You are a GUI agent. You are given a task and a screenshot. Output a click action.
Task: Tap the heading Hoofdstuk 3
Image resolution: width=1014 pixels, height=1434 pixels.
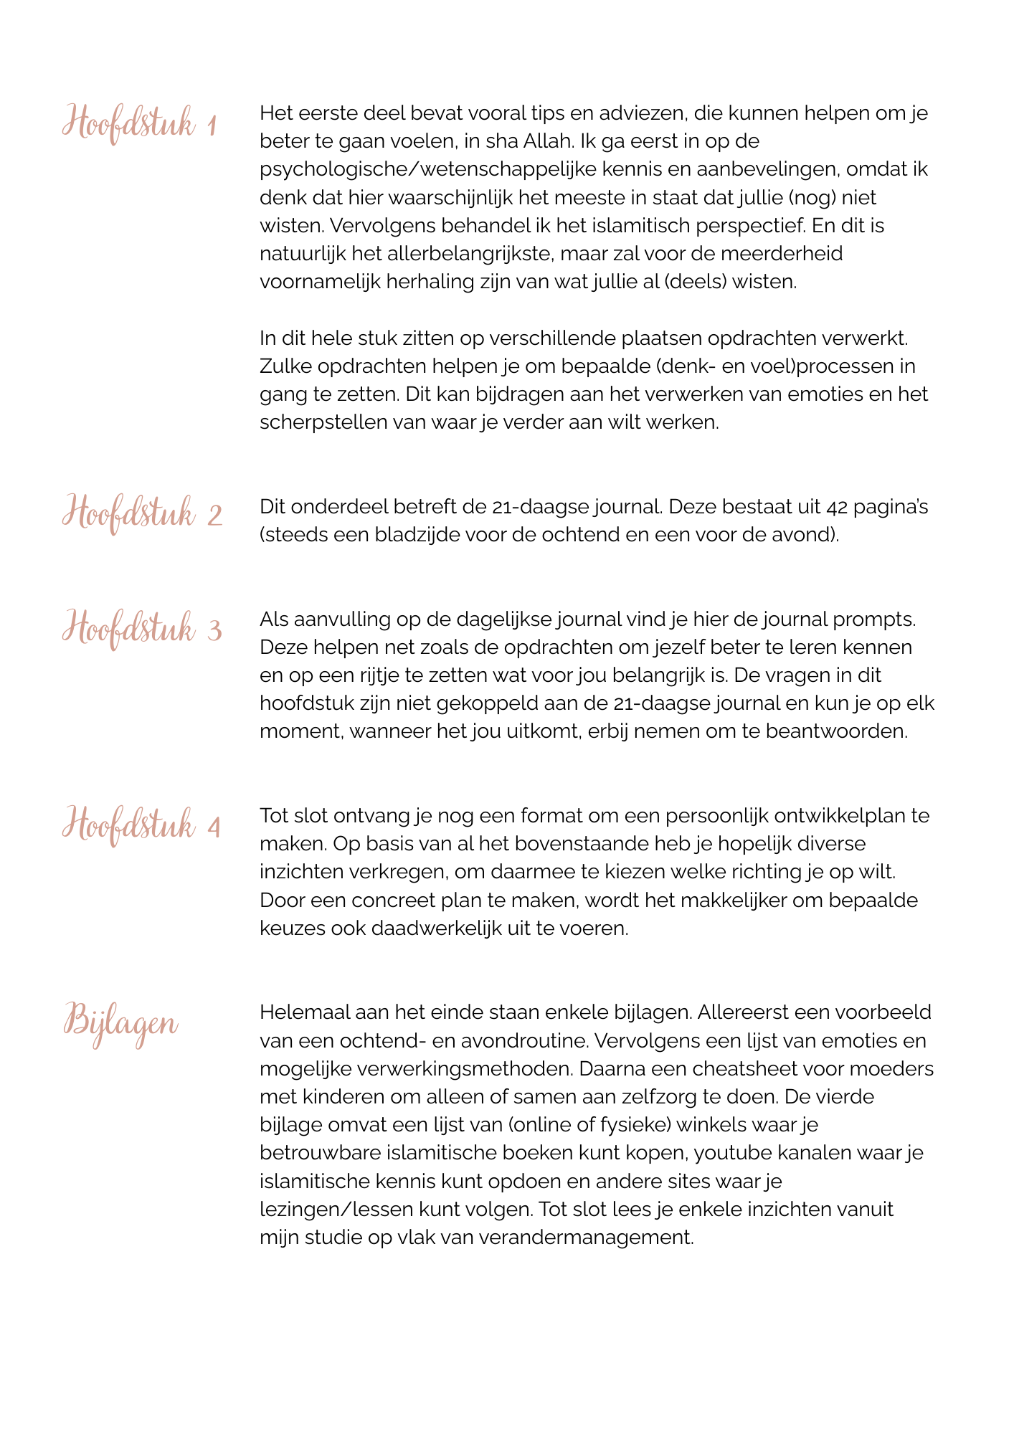(142, 628)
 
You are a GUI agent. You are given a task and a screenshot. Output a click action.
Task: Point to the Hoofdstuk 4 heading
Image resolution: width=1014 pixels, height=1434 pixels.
(141, 825)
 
